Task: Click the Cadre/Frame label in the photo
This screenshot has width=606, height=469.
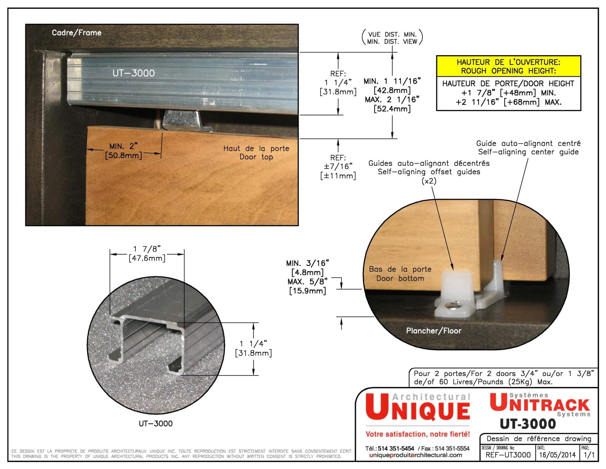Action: (77, 33)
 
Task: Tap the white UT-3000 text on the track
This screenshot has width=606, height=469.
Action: (133, 73)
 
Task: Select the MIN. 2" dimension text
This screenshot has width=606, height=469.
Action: (123, 146)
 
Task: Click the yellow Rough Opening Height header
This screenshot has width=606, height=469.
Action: (509, 66)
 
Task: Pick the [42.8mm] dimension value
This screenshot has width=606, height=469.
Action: (392, 90)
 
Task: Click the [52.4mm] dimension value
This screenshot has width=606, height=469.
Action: (392, 109)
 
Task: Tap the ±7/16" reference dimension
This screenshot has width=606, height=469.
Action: (338, 166)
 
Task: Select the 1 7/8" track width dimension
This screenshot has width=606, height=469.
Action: (147, 249)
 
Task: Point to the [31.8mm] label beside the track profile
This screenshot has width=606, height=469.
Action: (253, 353)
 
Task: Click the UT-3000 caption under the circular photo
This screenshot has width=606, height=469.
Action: (156, 423)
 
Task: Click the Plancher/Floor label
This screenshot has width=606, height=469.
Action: (433, 331)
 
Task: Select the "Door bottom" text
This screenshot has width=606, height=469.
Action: (400, 278)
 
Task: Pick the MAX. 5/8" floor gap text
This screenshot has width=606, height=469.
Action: (308, 281)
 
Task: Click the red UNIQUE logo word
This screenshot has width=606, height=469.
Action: (418, 407)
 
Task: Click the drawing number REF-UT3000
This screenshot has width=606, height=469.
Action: (508, 455)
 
